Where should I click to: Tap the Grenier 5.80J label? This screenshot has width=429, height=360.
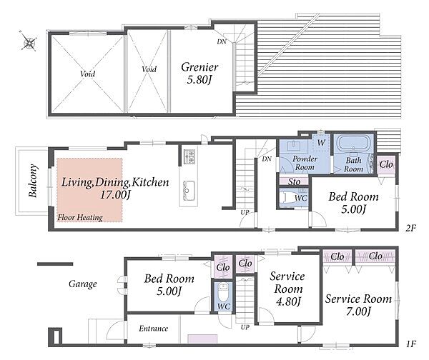tap(199, 73)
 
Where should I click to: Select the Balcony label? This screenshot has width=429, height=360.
tap(33, 181)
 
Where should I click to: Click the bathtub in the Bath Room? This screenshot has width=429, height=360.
tap(354, 143)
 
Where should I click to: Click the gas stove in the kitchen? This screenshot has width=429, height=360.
tap(189, 156)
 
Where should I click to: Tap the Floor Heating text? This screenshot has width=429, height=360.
tap(80, 218)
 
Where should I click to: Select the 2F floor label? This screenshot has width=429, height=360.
tap(410, 228)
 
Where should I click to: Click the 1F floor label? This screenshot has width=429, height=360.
tap(410, 344)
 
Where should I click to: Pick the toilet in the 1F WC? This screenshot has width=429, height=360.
tap(222, 292)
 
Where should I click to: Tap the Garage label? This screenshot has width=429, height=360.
tap(83, 284)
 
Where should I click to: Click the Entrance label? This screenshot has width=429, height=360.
tap(153, 329)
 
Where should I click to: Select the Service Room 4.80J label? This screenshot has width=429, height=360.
tap(288, 289)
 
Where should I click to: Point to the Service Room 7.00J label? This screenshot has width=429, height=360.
tap(358, 305)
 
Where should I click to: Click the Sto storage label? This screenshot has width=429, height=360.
tap(294, 181)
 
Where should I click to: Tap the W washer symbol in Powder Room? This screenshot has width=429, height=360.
tap(321, 142)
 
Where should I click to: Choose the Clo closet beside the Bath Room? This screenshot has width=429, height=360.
tap(386, 164)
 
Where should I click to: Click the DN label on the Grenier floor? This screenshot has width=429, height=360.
tap(222, 42)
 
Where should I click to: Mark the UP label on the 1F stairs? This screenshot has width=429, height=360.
tap(245, 327)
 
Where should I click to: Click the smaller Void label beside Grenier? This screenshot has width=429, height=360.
tap(149, 69)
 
